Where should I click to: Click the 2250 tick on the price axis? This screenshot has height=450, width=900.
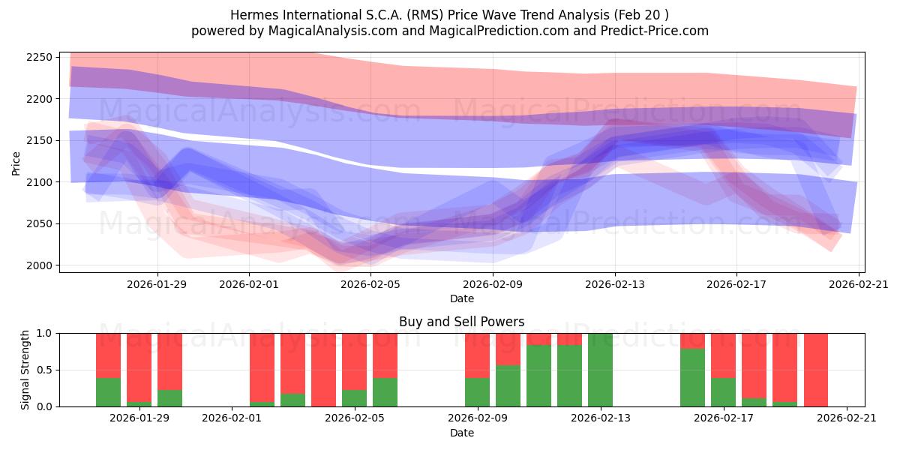(40, 58)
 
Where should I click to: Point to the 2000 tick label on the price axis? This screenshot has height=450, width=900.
(40, 265)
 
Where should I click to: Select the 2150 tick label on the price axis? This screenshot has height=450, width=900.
(40, 141)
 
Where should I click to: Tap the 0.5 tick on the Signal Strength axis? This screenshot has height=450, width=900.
(45, 370)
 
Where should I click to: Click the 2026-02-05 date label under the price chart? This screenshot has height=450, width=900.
(371, 284)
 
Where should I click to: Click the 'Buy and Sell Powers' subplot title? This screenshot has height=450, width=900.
(461, 322)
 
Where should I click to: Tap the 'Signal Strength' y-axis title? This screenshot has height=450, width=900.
(25, 370)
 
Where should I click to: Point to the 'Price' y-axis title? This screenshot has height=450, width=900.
(16, 162)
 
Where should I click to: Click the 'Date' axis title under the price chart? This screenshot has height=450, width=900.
(461, 298)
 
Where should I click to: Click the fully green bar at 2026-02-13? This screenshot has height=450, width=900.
(600, 370)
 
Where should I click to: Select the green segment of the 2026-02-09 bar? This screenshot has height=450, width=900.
(477, 392)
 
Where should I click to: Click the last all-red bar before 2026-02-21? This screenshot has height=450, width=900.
(815, 370)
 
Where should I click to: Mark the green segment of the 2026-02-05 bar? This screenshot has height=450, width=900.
(354, 398)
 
